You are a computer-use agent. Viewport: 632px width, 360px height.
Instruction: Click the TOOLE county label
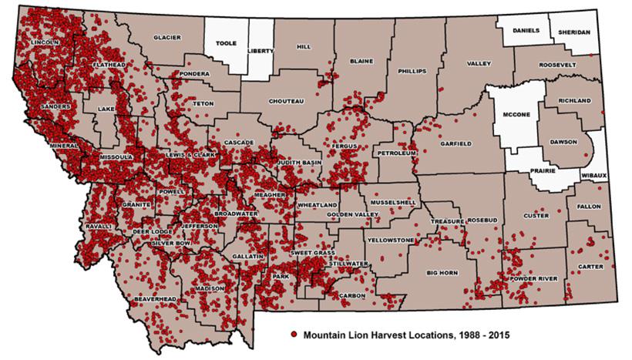click(x=226, y=45)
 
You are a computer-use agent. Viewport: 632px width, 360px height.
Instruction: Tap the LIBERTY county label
click(x=261, y=51)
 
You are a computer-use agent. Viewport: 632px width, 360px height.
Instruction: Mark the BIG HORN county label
click(x=442, y=273)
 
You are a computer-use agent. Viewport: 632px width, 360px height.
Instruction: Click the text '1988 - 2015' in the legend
click(x=476, y=336)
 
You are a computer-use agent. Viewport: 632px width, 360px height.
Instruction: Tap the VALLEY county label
click(x=479, y=63)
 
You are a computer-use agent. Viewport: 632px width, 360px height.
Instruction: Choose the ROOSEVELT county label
click(x=557, y=65)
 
